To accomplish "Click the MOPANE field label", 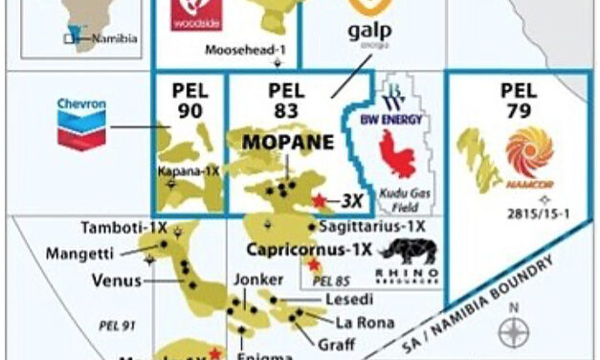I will pos(288,143).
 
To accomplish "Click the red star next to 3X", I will pos(320,201).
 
